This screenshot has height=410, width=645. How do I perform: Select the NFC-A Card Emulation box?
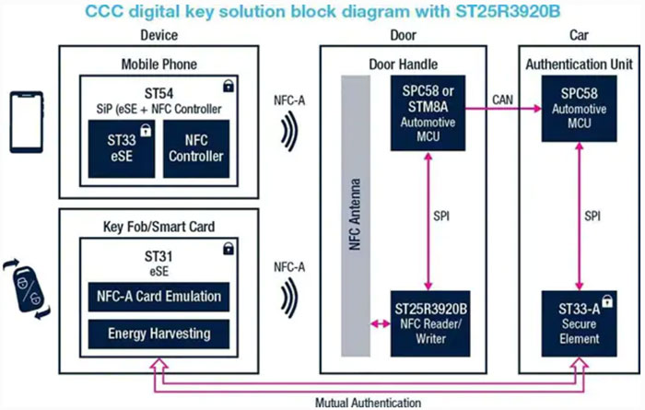coord(158,298)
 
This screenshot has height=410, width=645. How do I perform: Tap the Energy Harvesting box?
coord(158,334)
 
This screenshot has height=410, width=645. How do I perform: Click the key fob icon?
coord(25,286)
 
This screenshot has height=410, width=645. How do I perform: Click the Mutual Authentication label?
coord(368,403)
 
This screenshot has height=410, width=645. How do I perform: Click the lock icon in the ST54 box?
coord(227,86)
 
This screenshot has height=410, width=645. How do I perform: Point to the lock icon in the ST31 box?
coord(227,249)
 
